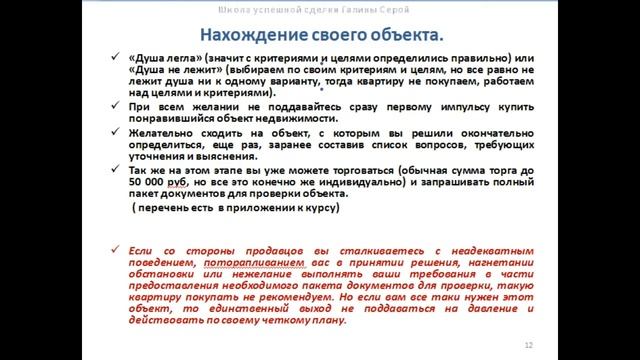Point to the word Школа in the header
click(x=227, y=11)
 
